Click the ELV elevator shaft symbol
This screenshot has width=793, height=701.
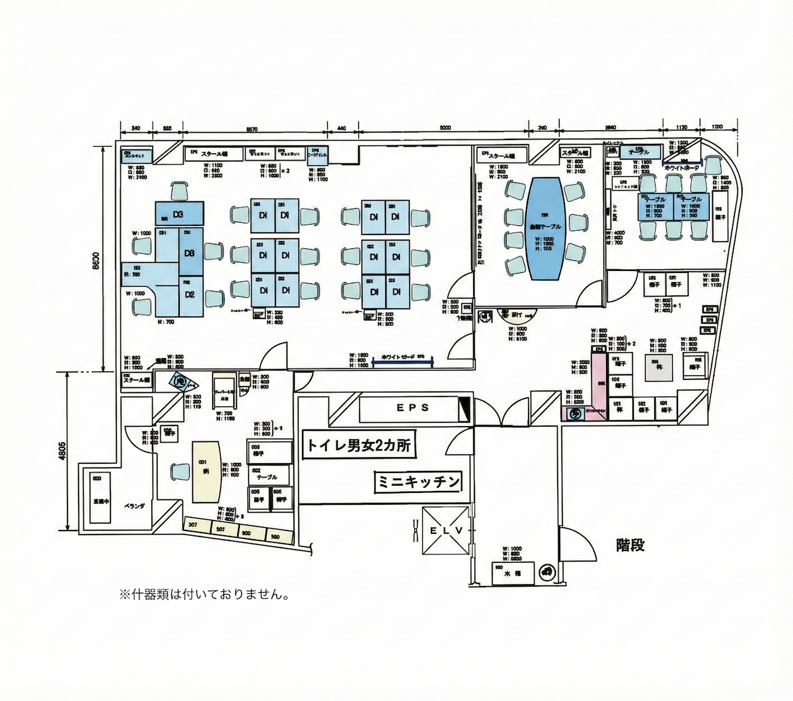(447, 531)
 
